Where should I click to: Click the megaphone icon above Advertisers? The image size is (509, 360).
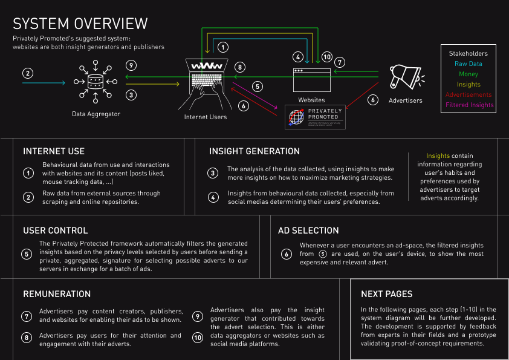405,77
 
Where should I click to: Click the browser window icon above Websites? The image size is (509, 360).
312,79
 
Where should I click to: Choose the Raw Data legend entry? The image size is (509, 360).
468,64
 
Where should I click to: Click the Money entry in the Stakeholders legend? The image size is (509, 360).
468,74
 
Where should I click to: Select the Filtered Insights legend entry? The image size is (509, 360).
469,105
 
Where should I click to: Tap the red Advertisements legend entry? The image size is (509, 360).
469,94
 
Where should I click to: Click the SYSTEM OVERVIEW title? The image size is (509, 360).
80,23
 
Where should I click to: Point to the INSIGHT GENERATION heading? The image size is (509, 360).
254,151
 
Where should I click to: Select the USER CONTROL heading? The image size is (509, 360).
56,231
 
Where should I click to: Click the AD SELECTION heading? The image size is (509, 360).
308,231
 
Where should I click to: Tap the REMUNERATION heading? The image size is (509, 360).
57,294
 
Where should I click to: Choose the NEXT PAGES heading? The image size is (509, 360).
387,294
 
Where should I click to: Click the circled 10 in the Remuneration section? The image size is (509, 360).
197,338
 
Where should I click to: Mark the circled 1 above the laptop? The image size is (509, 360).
222,47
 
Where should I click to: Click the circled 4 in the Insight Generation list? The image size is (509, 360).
213,197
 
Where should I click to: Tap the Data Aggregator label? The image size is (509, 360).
96,114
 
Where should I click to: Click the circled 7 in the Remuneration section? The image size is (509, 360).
27,316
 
